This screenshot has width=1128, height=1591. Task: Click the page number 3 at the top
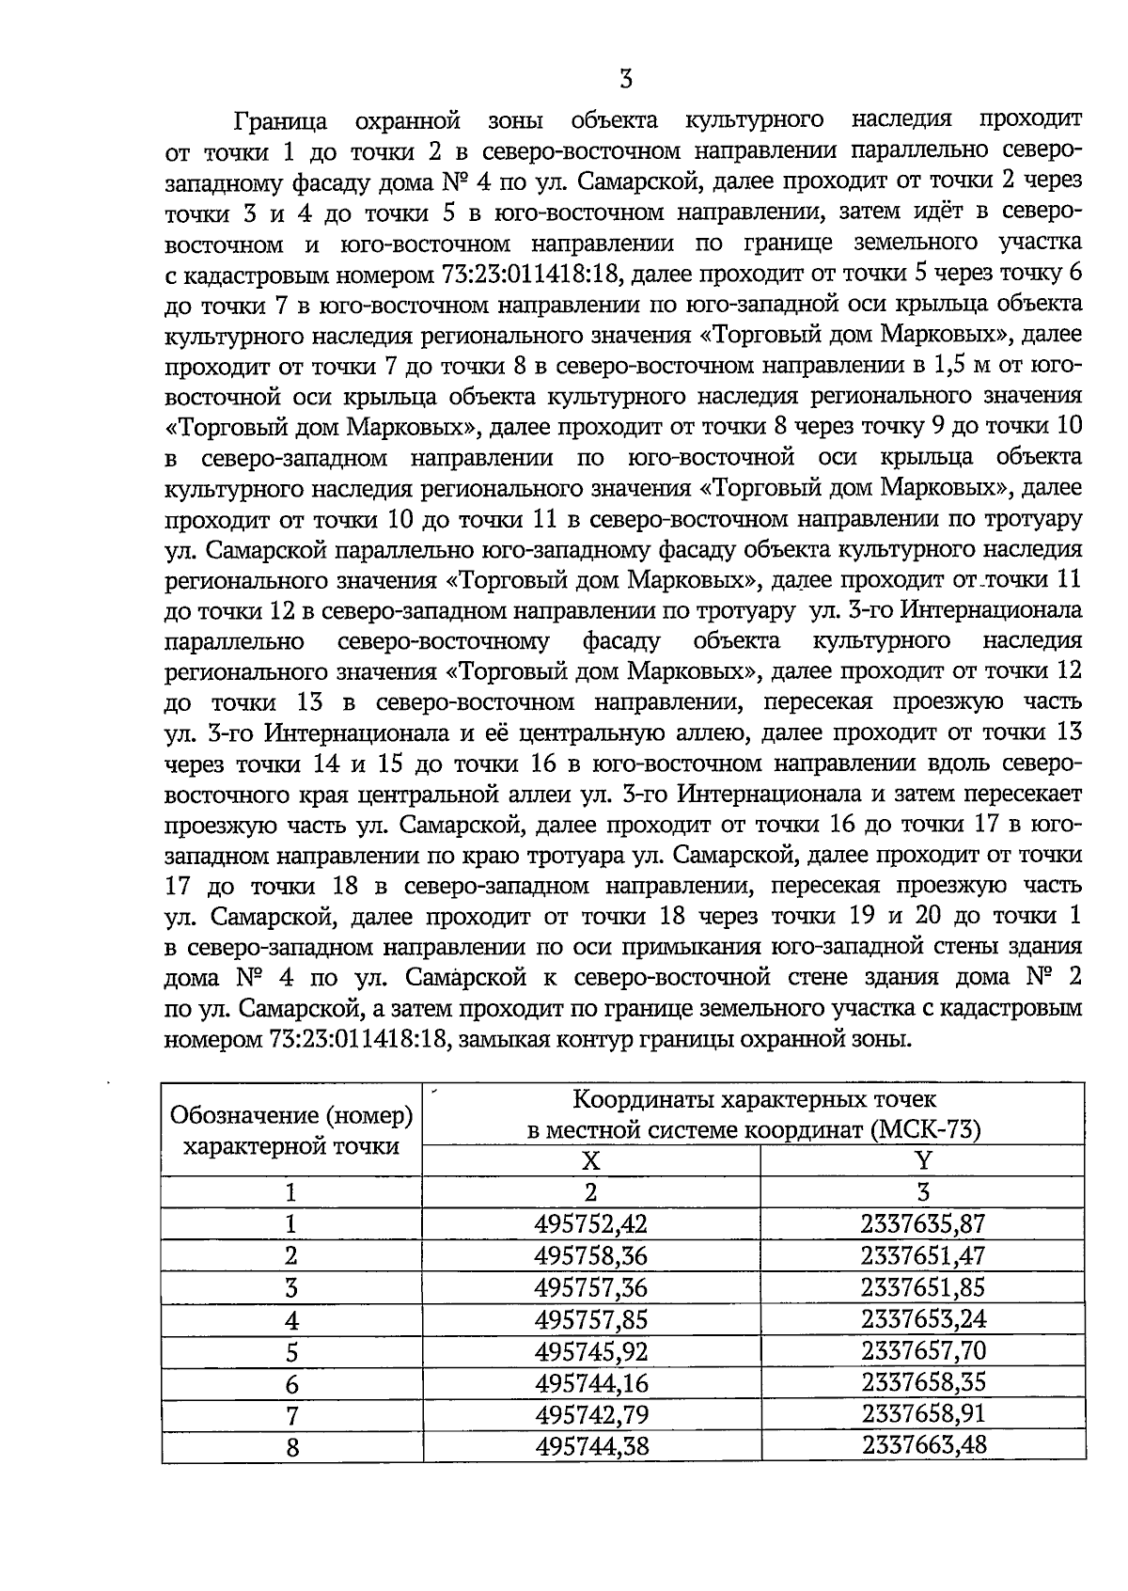coord(626,79)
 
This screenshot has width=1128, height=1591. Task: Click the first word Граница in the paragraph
coord(281,120)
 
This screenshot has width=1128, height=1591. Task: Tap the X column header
coord(590,1160)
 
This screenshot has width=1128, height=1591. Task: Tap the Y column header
coord(923,1160)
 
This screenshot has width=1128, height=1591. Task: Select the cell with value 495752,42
coord(590,1223)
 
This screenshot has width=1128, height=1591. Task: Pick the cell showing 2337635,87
coord(923,1223)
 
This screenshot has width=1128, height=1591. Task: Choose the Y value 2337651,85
coord(923,1286)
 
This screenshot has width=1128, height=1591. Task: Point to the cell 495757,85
coord(590,1319)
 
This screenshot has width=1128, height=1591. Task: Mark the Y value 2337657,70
coord(923,1351)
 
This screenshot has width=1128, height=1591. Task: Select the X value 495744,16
coord(590,1383)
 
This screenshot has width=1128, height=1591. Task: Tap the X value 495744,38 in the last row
coord(590,1446)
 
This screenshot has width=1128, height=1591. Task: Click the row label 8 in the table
coord(291,1448)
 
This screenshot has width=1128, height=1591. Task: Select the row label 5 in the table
coord(291,1352)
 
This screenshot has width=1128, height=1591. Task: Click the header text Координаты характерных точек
coord(754,1099)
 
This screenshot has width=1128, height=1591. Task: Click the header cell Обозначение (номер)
coord(291,1115)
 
